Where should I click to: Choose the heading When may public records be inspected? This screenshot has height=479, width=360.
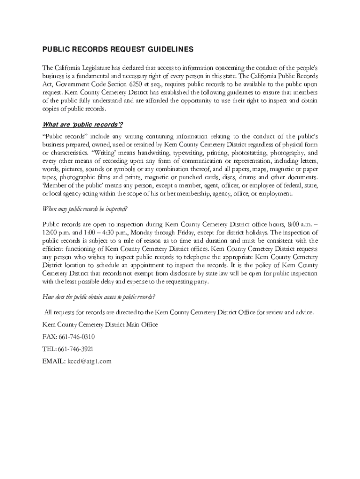coord(85,209)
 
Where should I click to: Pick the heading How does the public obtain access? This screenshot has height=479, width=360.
coord(99,297)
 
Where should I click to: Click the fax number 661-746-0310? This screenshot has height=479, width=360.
coord(77,337)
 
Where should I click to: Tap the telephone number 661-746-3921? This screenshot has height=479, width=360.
coord(76,349)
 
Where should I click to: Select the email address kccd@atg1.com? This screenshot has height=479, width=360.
coord(90,361)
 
